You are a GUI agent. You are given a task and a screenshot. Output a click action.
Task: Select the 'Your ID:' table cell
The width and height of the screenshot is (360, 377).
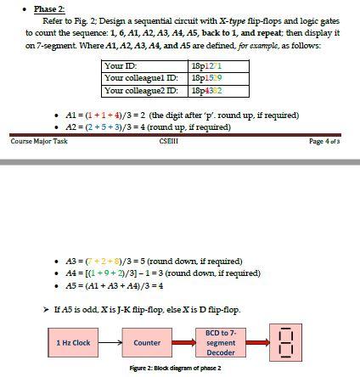click(120, 65)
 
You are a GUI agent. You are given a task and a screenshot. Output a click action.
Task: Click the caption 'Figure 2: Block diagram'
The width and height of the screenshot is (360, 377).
click(171, 367)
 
